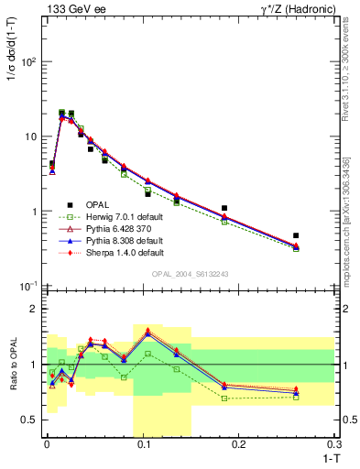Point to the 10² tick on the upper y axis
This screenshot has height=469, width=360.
tap(29, 62)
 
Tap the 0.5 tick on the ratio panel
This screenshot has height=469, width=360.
tap(29, 420)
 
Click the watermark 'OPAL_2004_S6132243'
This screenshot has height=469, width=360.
tap(190, 275)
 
